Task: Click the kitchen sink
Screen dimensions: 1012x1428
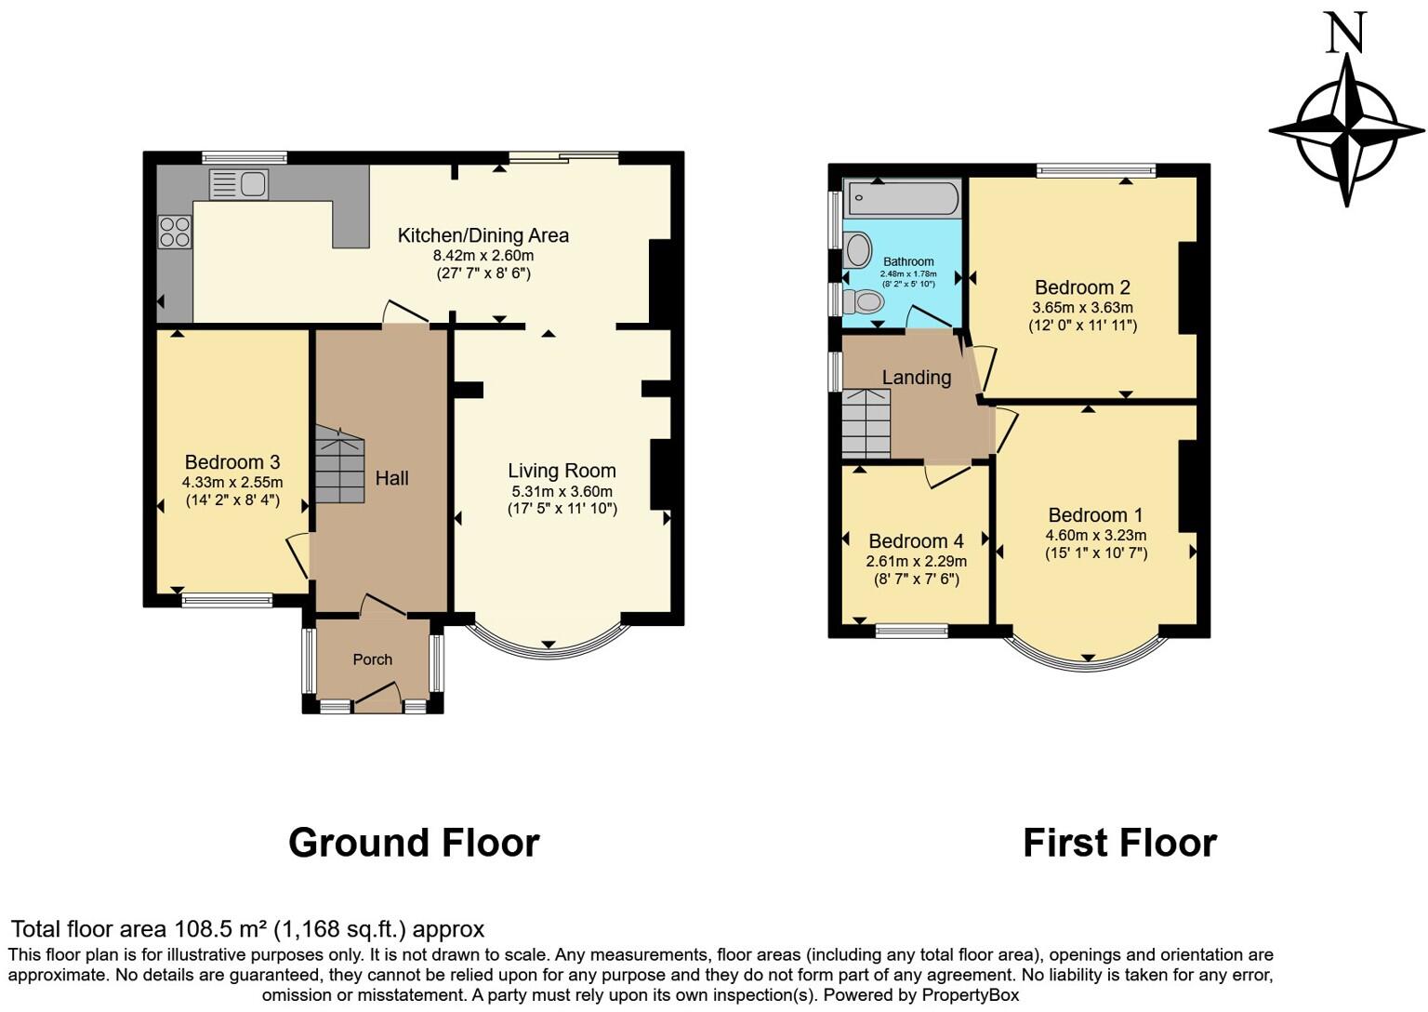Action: click(239, 184)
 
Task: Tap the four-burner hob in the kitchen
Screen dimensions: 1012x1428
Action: click(175, 232)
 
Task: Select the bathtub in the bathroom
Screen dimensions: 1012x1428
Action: click(903, 199)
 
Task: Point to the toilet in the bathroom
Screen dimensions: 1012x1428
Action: click(866, 301)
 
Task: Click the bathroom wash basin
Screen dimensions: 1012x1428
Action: click(858, 250)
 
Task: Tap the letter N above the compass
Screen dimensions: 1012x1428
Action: click(1345, 33)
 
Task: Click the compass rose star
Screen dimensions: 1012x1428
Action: click(1346, 129)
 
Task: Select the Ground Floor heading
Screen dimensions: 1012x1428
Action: click(414, 843)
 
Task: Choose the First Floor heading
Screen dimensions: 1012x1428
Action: click(1119, 843)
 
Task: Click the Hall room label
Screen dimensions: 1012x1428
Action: click(391, 478)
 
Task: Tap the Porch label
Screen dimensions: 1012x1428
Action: click(372, 659)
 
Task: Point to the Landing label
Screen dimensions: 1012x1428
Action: click(916, 378)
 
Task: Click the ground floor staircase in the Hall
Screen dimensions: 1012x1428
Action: click(339, 464)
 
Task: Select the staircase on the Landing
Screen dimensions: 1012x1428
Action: click(866, 423)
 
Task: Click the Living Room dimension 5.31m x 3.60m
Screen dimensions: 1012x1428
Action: click(562, 491)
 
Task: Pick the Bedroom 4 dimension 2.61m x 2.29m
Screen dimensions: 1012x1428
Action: click(916, 561)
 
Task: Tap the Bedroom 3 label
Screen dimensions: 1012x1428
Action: click(232, 462)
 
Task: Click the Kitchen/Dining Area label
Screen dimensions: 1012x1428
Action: click(483, 235)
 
